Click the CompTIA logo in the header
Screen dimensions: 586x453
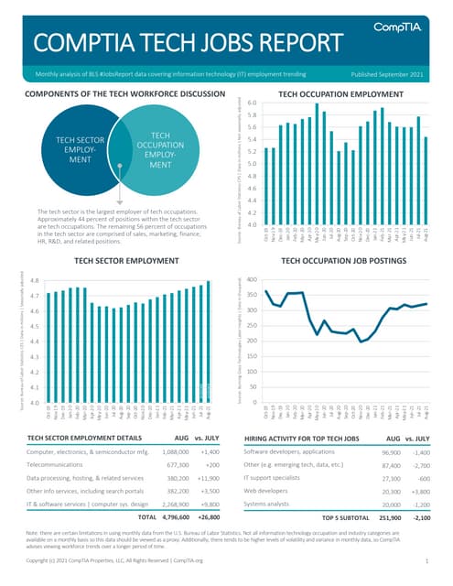coord(399,31)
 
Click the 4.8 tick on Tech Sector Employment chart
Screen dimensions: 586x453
coord(33,281)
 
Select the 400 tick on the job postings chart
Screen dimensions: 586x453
coord(252,280)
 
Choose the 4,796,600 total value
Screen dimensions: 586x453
coord(174,517)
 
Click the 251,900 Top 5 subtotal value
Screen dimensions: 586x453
coord(390,517)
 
